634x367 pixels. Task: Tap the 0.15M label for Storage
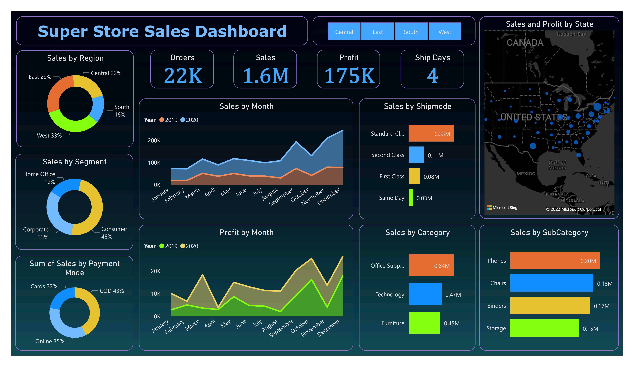click(x=590, y=328)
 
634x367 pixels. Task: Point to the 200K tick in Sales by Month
click(x=154, y=141)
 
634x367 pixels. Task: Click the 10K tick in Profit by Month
click(x=155, y=294)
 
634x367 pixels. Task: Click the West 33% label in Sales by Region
click(x=49, y=136)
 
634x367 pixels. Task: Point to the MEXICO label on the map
click(x=526, y=174)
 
